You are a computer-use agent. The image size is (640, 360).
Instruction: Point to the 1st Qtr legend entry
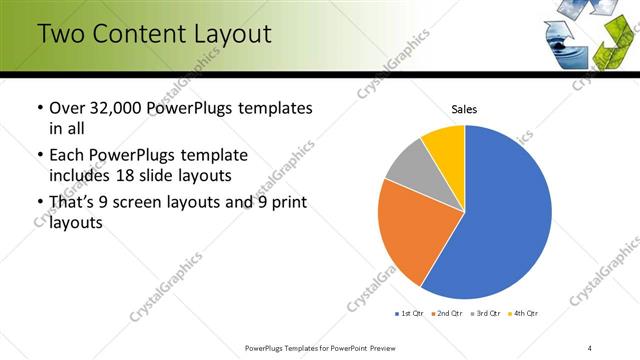410,314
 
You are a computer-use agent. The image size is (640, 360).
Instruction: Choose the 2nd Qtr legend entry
449,314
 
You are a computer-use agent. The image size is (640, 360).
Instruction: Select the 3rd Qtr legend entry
487,314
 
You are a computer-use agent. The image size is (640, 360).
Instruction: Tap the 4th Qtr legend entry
525,314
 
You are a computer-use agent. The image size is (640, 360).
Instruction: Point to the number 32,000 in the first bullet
122,108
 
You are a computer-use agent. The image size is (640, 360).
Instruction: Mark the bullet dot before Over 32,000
38,108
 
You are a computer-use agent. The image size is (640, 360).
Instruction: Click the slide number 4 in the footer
590,348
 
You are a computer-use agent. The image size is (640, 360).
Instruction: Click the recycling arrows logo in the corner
585,35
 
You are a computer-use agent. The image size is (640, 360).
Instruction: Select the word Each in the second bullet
67,156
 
